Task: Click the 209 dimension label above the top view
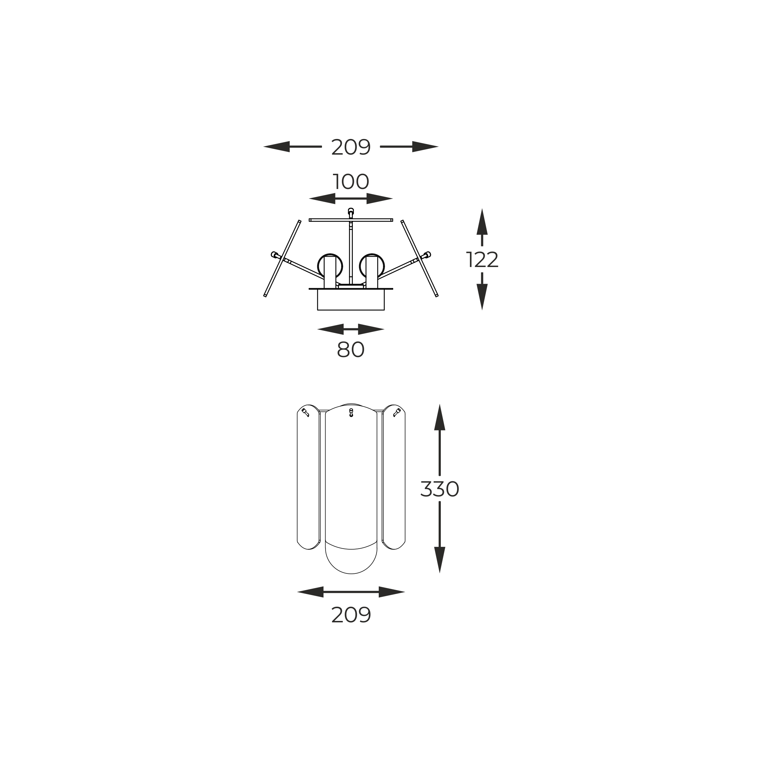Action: [x=351, y=147]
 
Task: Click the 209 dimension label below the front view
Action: [x=351, y=615]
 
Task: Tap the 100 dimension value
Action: [x=351, y=182]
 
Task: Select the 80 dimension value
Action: [x=351, y=349]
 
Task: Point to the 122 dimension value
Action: [x=482, y=260]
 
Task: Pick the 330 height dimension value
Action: [x=440, y=489]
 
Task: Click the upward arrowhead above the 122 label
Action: [x=482, y=221]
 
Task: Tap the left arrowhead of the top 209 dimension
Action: [x=277, y=146]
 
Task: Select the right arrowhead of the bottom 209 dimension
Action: [x=392, y=592]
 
